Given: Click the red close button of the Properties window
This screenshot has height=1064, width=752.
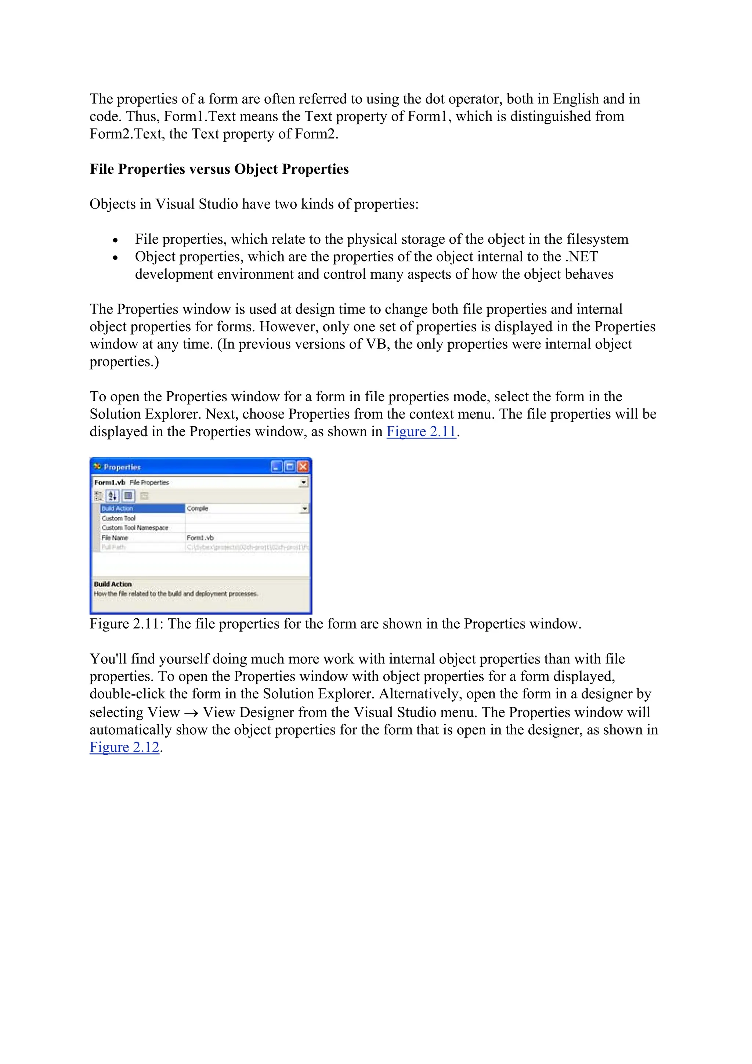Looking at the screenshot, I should point(303,467).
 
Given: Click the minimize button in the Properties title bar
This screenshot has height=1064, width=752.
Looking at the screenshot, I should point(276,467).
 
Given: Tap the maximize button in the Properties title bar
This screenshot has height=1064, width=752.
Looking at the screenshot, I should point(290,467).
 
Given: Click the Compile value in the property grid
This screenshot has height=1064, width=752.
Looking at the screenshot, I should point(198,509).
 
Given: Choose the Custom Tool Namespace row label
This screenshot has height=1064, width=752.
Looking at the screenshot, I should point(135,528).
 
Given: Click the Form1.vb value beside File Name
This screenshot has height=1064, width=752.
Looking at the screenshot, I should point(200,538).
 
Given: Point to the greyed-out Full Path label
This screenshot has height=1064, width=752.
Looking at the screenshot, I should point(113,547).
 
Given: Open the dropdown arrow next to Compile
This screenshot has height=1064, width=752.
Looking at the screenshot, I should point(304,509).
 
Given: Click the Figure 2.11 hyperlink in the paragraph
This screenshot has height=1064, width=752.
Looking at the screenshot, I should point(421,431).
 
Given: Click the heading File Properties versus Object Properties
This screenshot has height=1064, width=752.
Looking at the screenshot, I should point(219,169).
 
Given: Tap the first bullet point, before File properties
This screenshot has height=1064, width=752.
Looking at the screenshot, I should point(115,240).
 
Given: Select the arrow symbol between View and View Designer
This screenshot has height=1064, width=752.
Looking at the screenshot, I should point(191,713).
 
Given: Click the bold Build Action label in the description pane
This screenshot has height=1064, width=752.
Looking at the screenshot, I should point(113,585).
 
